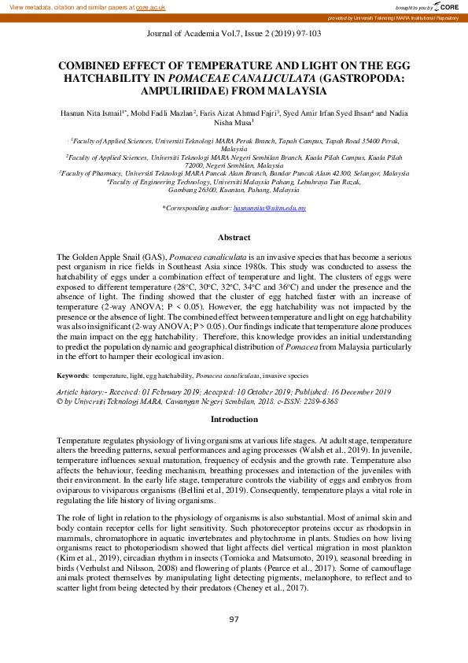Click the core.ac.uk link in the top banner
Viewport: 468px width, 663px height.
point(152,6)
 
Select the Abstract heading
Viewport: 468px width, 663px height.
point(234,237)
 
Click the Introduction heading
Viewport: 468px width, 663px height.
point(234,420)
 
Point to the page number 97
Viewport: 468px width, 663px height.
point(234,620)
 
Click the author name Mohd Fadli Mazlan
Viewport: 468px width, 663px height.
point(160,114)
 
